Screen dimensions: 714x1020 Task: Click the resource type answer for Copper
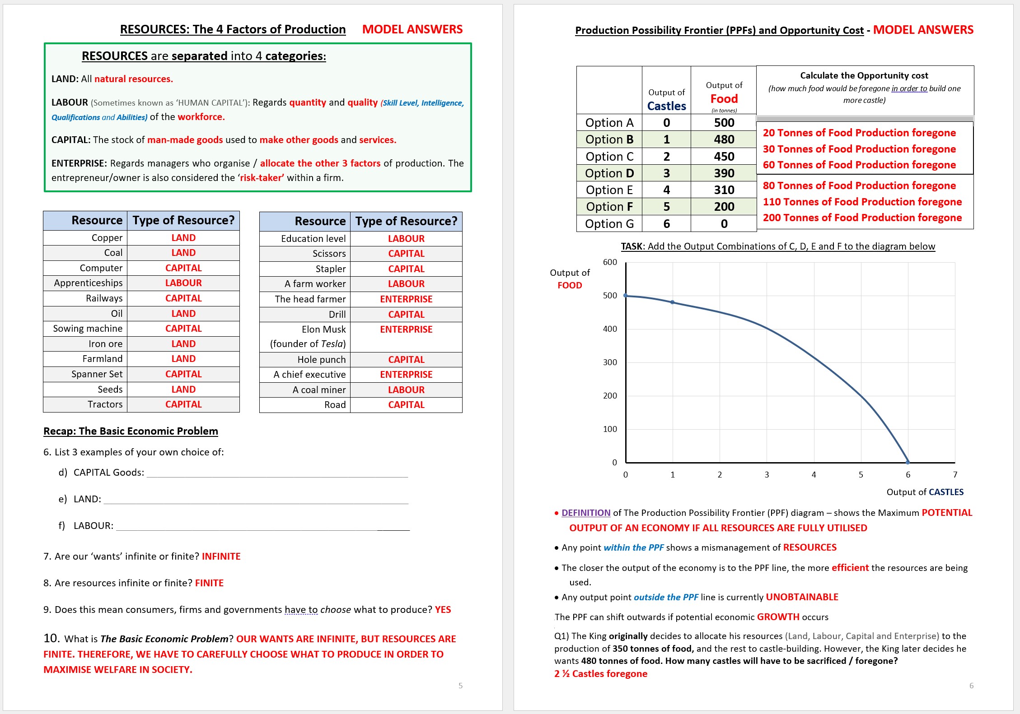point(183,238)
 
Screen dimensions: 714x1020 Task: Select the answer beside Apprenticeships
point(183,283)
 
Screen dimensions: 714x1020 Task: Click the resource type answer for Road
point(406,405)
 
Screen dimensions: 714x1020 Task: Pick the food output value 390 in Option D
point(724,173)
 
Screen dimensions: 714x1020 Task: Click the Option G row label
point(609,224)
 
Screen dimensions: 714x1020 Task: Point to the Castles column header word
point(666,106)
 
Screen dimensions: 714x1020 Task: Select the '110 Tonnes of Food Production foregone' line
point(862,202)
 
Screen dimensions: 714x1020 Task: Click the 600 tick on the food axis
point(610,262)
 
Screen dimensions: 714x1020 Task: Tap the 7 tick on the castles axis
point(955,475)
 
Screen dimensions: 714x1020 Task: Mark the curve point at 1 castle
point(673,302)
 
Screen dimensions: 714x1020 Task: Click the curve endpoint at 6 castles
point(908,462)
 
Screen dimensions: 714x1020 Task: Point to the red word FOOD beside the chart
point(570,285)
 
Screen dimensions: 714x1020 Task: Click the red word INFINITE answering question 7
point(221,556)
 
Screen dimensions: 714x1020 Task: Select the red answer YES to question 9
point(443,610)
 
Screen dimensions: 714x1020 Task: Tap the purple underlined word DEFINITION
point(585,513)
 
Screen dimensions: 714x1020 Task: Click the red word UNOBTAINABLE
point(802,597)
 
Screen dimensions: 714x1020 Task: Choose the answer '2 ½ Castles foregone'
point(600,674)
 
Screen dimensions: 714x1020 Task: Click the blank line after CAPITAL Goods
point(277,474)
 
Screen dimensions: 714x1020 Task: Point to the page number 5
point(460,686)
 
